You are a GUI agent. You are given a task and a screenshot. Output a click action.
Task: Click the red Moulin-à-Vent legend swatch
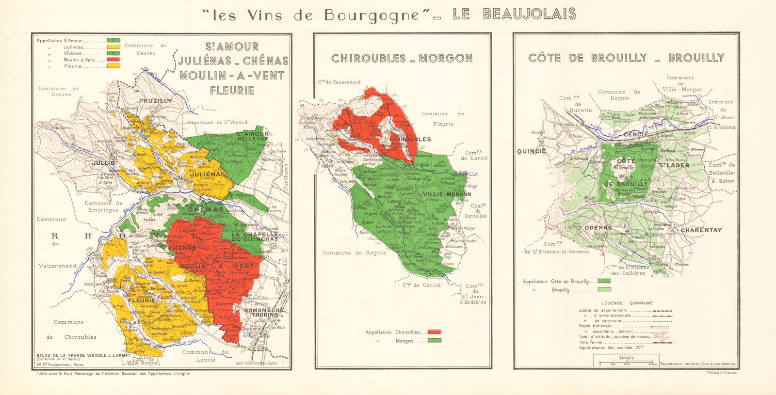pyautogui.click(x=113, y=60)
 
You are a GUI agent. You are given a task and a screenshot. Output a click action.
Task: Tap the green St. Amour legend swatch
pyautogui.click(x=113, y=40)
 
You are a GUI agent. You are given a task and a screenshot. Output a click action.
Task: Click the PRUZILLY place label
pyautogui.click(x=155, y=101)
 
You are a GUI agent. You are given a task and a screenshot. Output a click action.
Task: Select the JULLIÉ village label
pyautogui.click(x=103, y=163)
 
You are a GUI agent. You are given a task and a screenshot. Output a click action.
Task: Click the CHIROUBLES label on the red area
pyautogui.click(x=410, y=139)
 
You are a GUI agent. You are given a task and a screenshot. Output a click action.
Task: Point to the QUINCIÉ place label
pyautogui.click(x=532, y=151)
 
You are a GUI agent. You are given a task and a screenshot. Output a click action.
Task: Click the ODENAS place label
pyautogui.click(x=598, y=228)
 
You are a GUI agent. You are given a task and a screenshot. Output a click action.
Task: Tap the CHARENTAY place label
pyautogui.click(x=701, y=230)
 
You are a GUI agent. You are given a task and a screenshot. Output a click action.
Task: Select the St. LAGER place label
pyautogui.click(x=674, y=165)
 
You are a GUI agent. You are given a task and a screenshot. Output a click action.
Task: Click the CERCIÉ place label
pyautogui.click(x=636, y=134)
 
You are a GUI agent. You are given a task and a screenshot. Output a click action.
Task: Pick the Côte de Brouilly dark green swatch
pyautogui.click(x=604, y=281)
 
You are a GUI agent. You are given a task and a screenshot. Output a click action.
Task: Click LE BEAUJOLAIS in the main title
pyautogui.click(x=515, y=14)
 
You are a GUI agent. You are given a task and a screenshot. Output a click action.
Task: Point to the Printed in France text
pyautogui.click(x=721, y=372)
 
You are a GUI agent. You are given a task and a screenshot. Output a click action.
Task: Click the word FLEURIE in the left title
pyautogui.click(x=232, y=90)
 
